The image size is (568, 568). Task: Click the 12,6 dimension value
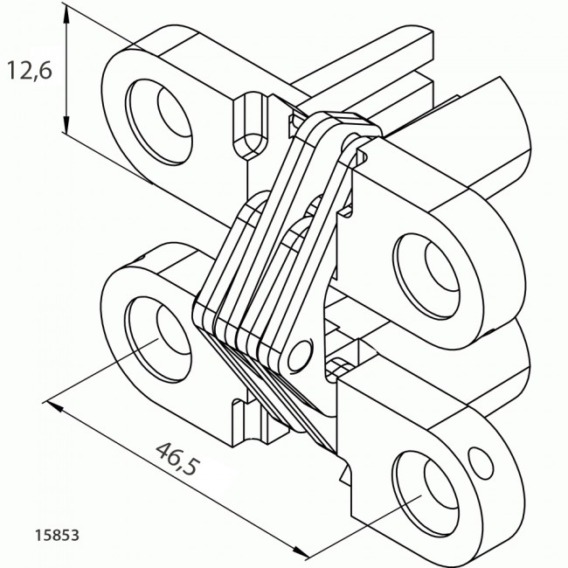[30, 71]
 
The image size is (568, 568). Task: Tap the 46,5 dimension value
[177, 458]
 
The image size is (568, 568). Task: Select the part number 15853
[57, 536]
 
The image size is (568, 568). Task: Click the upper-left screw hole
[159, 121]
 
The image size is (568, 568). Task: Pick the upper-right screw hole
[426, 276]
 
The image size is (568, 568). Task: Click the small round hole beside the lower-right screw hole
[481, 463]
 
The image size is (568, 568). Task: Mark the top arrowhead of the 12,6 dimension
[66, 15]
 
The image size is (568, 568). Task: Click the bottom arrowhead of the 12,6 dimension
[66, 124]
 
